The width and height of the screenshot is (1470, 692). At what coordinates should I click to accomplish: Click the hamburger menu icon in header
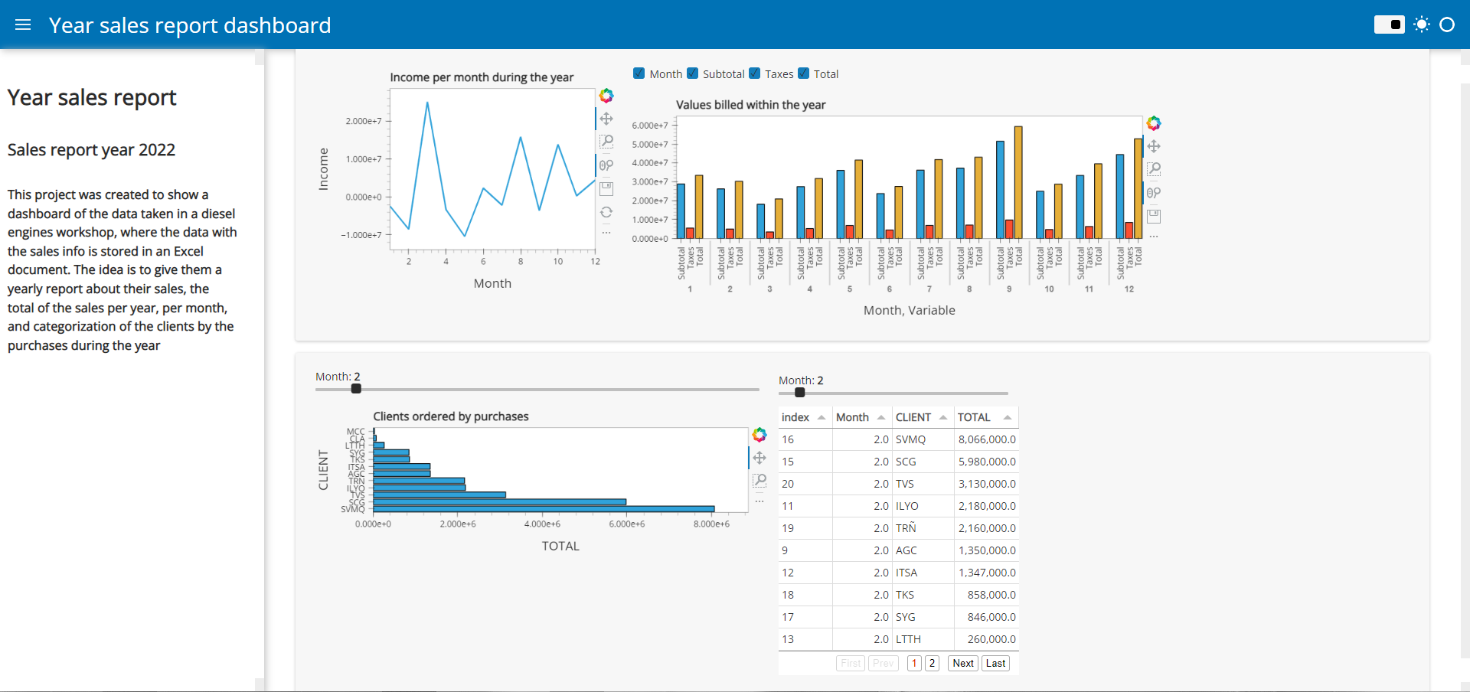coord(23,24)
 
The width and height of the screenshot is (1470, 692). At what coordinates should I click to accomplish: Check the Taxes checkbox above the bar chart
coord(755,73)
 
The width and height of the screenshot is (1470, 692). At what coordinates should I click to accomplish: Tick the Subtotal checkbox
coord(693,73)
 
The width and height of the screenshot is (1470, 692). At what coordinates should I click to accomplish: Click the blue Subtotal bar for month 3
coord(760,221)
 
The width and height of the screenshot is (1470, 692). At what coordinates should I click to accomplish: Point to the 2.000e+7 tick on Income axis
coord(363,121)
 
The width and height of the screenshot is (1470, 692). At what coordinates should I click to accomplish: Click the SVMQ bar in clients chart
coord(544,509)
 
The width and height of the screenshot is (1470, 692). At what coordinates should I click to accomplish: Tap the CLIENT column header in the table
coord(913,417)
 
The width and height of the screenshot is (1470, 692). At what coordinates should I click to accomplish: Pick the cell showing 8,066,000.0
coord(986,439)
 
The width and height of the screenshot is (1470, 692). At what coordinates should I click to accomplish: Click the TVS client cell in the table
coord(905,484)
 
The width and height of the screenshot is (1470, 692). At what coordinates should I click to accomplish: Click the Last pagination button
coord(995,664)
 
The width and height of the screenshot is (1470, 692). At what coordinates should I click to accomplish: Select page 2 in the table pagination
coord(932,664)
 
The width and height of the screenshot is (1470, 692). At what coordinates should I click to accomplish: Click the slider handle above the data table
coord(800,393)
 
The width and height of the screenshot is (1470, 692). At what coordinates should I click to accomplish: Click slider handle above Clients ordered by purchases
coord(356,389)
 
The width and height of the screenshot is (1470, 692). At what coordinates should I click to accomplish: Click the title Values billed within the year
coord(750,105)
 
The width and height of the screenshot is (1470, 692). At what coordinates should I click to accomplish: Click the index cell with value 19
coord(788,528)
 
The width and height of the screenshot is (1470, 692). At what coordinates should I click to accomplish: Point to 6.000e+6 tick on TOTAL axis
coord(626,524)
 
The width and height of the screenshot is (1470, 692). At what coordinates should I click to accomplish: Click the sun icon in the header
coord(1422,24)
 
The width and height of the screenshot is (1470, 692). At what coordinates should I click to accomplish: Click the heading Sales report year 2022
coord(91,150)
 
